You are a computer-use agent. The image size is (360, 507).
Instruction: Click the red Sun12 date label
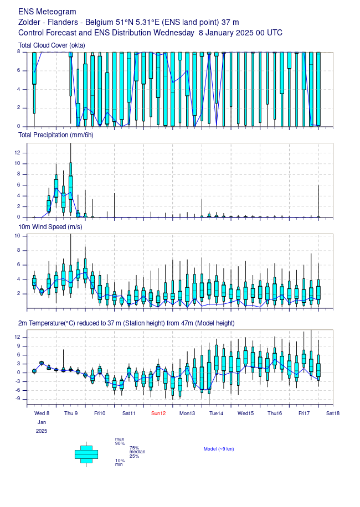[158, 413]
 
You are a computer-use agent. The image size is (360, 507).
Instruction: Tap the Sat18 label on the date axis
[333, 413]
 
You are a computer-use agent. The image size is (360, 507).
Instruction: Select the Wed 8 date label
[42, 413]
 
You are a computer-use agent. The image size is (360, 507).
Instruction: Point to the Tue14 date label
[216, 413]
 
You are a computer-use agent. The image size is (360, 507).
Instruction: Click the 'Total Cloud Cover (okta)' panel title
[52, 45]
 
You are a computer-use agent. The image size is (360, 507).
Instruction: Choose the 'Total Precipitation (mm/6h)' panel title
[56, 135]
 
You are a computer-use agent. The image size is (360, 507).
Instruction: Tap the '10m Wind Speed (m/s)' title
[50, 227]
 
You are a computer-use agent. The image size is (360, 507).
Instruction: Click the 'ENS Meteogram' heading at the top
[47, 12]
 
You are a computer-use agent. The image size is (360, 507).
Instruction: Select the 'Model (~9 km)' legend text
[219, 449]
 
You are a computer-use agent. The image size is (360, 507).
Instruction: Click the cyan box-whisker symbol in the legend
[86, 454]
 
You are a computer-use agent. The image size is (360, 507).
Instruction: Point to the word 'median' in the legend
[137, 452]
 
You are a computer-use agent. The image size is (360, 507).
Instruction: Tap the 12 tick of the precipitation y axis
[17, 153]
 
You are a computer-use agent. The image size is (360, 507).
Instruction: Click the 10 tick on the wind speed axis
[17, 236]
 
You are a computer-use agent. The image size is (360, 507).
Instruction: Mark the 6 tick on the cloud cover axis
[18, 70]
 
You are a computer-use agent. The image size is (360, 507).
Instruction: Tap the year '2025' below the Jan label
[42, 431]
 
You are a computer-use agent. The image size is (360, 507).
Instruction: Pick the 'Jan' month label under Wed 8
[42, 422]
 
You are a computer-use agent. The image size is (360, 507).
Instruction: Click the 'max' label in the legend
[120, 439]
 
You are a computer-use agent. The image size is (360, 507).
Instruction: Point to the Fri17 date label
[304, 413]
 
